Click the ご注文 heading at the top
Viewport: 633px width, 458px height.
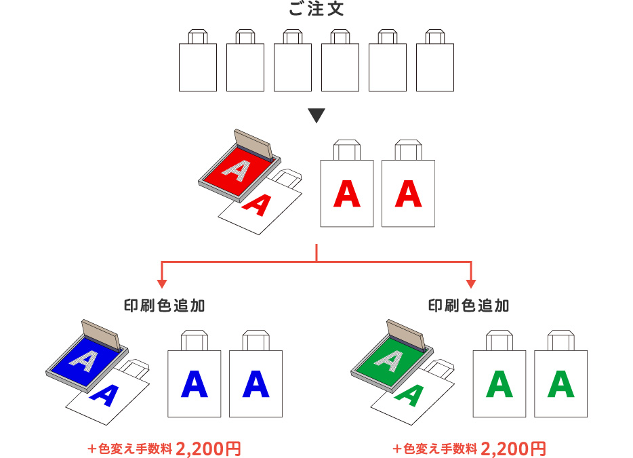316,9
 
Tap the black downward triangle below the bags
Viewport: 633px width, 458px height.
316,116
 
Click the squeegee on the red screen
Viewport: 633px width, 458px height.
253,143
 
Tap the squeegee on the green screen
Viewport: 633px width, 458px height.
406,333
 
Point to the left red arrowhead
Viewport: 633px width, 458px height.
162,283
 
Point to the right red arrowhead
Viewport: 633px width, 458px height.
471,283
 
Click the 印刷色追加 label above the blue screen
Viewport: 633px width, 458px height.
163,306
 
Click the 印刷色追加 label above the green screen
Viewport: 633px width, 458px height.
469,306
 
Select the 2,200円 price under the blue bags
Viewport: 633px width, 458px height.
208,449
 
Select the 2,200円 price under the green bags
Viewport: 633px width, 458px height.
513,449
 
